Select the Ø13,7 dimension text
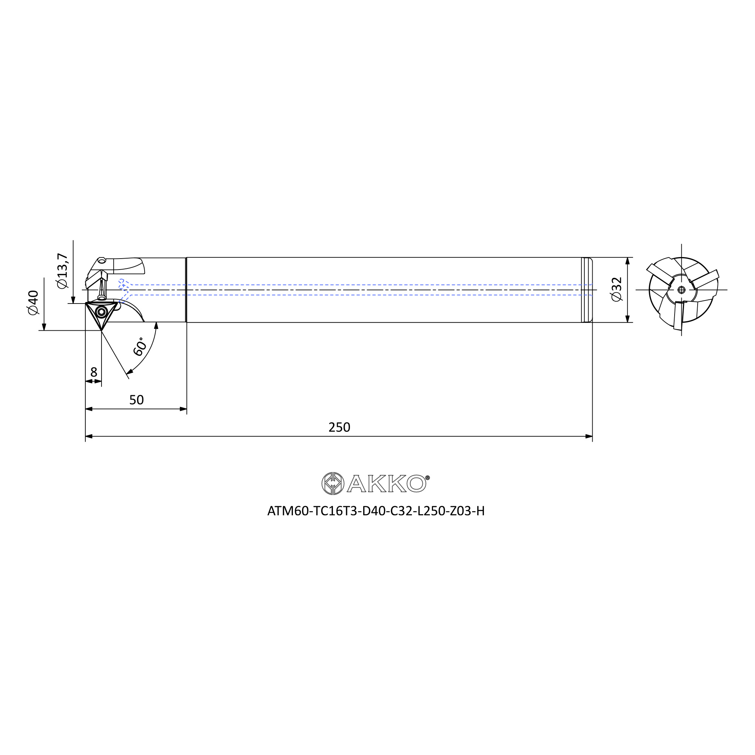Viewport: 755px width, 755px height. (x=62, y=271)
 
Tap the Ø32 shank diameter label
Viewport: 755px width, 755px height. (x=616, y=289)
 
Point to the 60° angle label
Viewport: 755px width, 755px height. (x=140, y=346)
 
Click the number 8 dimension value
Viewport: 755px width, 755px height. (x=94, y=371)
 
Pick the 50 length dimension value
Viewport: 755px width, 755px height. (x=136, y=400)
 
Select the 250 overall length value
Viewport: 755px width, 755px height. (x=339, y=427)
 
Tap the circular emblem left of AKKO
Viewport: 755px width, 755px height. (x=333, y=484)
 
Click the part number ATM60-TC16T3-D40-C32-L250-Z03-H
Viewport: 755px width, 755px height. (x=376, y=511)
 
